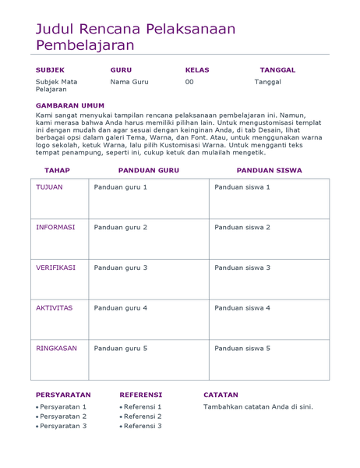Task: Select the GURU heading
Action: [x=121, y=70]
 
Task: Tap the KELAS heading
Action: [x=197, y=70]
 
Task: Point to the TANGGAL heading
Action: [x=277, y=70]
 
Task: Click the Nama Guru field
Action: [x=129, y=82]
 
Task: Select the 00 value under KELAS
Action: [x=189, y=82]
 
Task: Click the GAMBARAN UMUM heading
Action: [x=70, y=105]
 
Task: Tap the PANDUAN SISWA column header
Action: [x=269, y=170]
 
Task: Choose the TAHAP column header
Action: [x=57, y=170]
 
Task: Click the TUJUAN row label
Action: [x=49, y=187]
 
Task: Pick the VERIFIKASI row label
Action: [x=55, y=268]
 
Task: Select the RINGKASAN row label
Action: [x=56, y=349]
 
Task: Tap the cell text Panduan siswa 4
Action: [x=242, y=308]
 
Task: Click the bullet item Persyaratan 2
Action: [x=63, y=417]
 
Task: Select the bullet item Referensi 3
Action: [x=143, y=426]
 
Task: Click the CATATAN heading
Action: [x=221, y=395]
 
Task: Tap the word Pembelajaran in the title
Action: [x=85, y=45]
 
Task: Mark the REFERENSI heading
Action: [x=140, y=395]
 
